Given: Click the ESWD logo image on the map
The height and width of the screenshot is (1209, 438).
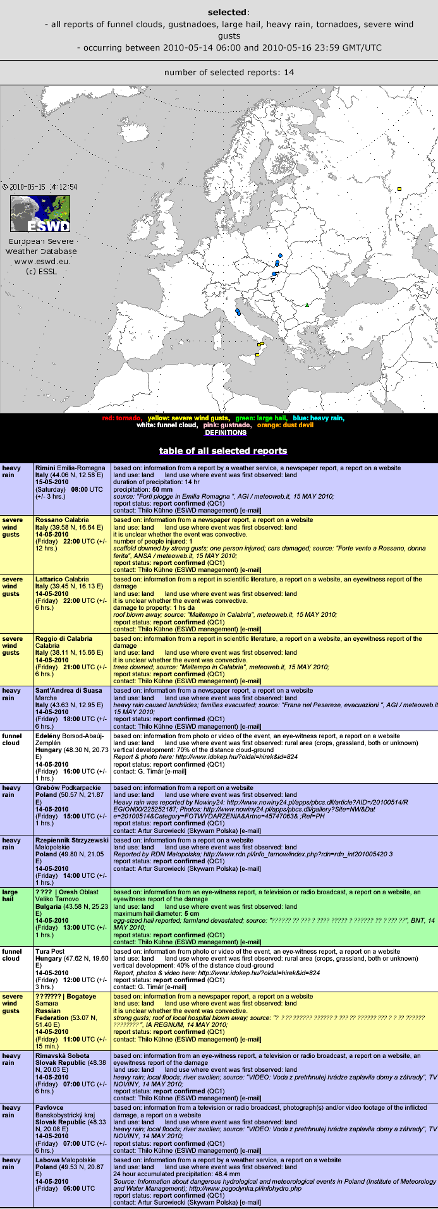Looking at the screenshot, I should click(40, 214).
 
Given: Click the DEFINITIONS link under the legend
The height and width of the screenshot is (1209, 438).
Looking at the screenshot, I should click(225, 433).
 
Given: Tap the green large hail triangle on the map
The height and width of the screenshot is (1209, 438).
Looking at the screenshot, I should click(307, 305).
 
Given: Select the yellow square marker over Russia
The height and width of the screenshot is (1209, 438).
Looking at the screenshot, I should click(399, 188).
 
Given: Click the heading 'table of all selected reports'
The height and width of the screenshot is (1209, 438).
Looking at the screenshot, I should click(223, 451).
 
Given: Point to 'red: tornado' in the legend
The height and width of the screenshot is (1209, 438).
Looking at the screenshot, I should click(121, 418).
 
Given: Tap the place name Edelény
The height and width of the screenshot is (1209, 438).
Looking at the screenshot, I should click(49, 736).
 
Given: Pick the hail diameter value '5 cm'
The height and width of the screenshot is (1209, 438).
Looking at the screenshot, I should click(192, 914).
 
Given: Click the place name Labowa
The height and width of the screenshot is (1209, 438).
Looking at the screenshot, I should click(47, 1160).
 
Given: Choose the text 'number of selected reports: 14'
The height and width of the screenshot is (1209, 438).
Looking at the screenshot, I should click(229, 73).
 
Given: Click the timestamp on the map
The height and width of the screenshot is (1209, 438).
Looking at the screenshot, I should click(40, 187).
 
